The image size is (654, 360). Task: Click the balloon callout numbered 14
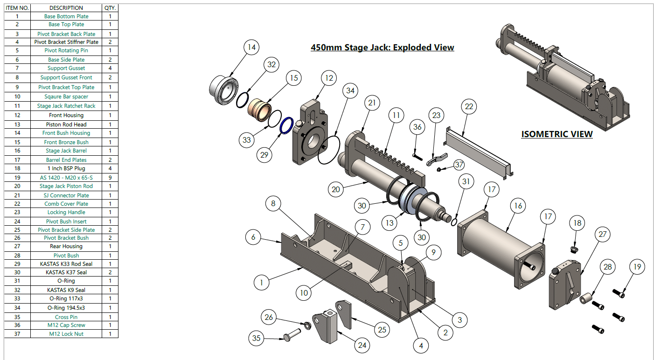click(x=251, y=47)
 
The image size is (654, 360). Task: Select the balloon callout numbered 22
click(x=469, y=107)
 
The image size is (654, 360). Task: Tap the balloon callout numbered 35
click(x=256, y=338)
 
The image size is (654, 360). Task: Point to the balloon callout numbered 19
click(x=637, y=267)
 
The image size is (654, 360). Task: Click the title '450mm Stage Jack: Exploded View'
click(x=382, y=47)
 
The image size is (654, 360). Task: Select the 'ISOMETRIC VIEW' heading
click(x=557, y=134)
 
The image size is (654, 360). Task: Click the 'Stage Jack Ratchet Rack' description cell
click(x=66, y=106)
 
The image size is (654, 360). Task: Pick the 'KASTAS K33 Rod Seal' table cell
click(x=66, y=264)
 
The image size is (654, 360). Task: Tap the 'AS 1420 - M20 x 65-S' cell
click(x=66, y=178)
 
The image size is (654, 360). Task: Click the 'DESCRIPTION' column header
click(x=66, y=8)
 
